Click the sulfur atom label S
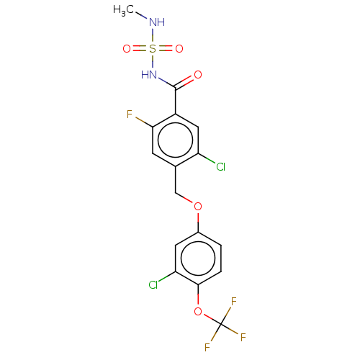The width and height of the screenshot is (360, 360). [153, 49]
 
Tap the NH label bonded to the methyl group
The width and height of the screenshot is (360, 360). [156, 22]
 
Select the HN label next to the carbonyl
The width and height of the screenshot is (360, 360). [149, 74]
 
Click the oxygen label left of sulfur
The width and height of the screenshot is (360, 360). [127, 49]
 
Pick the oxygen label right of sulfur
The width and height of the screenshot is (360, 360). [179, 49]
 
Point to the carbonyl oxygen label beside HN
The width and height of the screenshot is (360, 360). [197, 74]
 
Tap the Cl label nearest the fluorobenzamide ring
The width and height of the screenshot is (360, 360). [220, 167]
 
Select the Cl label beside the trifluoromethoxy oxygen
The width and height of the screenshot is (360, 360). [153, 284]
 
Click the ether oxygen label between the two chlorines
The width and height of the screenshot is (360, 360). [197, 207]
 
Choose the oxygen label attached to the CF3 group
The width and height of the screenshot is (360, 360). [197, 312]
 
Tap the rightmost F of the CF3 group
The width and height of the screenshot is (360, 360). [243, 337]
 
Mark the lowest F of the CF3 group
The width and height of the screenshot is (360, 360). [207, 347]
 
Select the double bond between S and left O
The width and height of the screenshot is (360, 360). [140, 49]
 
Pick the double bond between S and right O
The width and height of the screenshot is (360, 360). [166, 49]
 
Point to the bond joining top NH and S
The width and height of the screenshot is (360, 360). [153, 36]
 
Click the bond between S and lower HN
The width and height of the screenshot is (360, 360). [153, 62]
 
